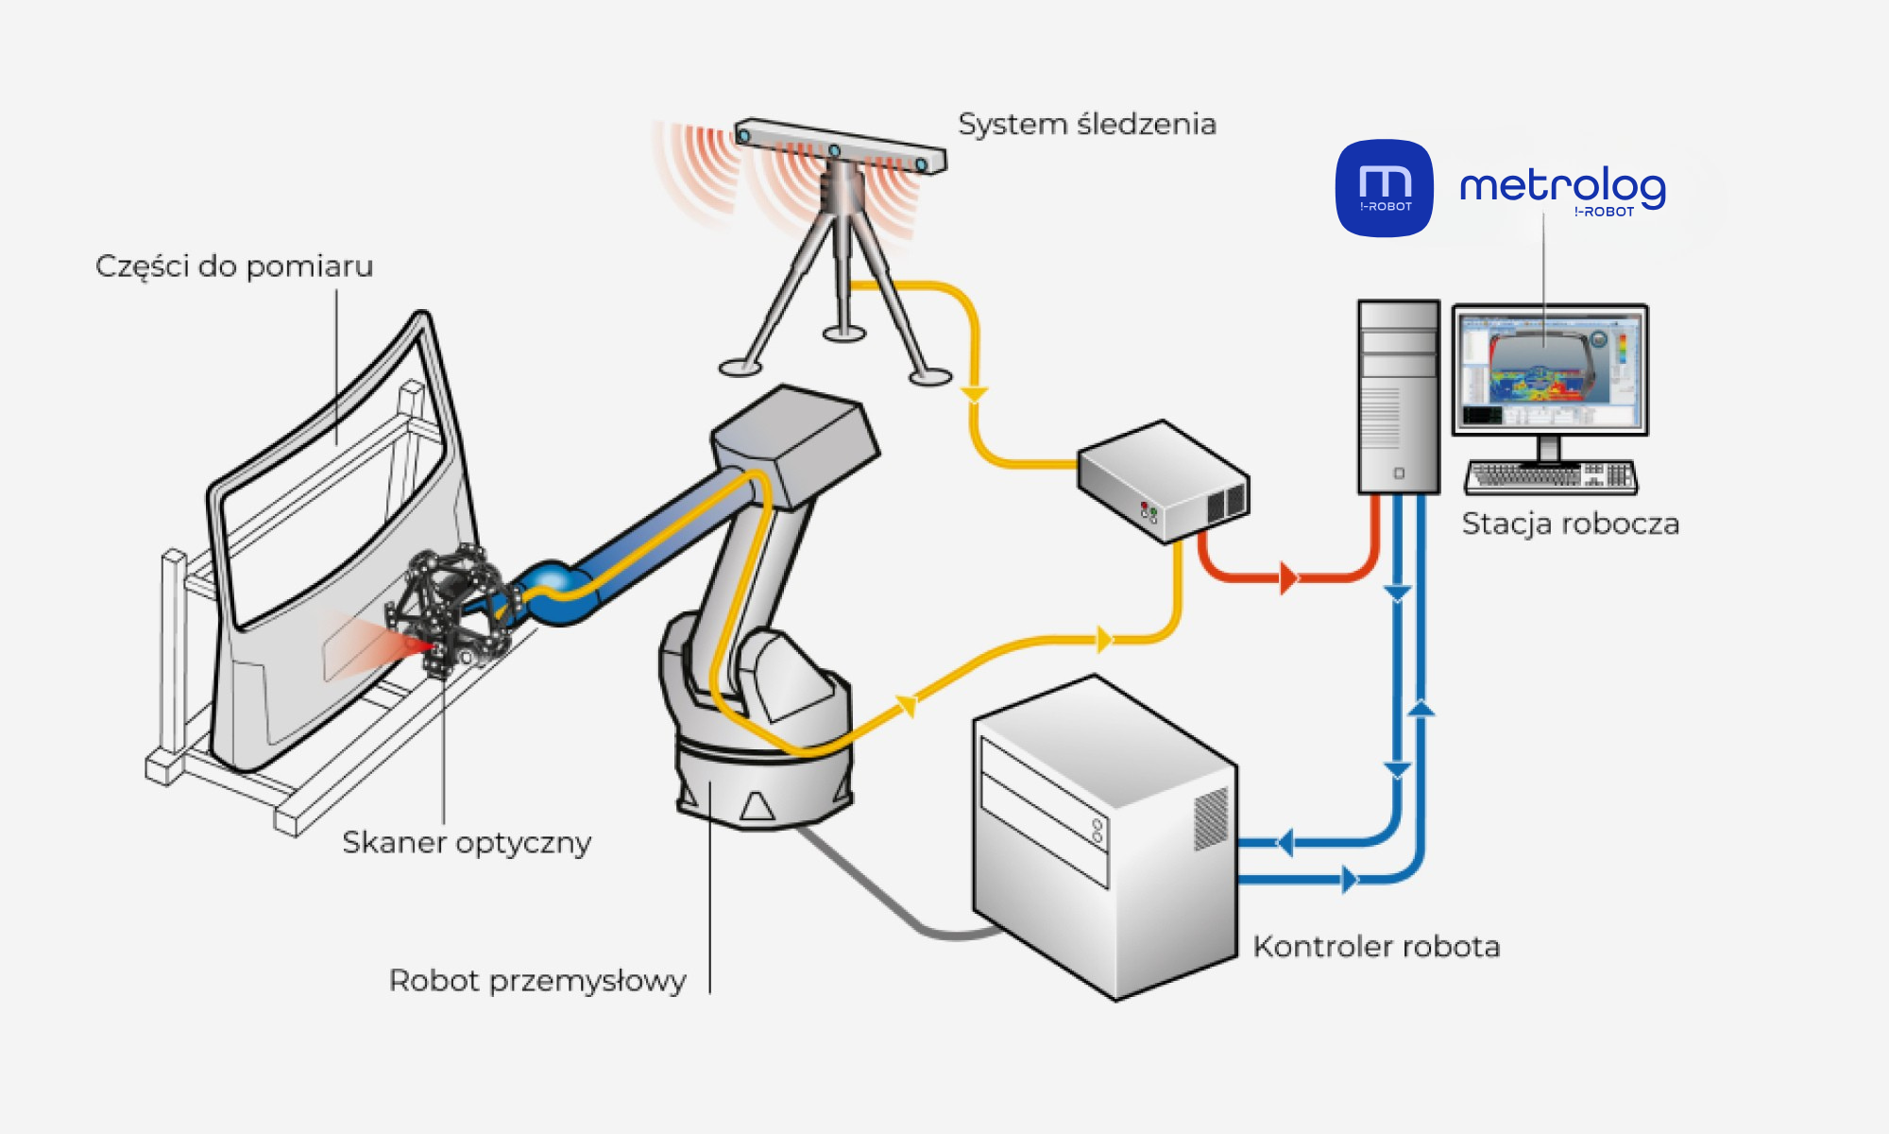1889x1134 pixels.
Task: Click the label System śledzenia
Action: (x=1086, y=125)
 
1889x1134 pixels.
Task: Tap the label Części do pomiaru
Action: (x=234, y=266)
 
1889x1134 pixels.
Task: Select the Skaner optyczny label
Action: (x=467, y=842)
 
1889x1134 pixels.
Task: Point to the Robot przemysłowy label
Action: (x=537, y=981)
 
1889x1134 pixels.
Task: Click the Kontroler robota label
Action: (x=1376, y=947)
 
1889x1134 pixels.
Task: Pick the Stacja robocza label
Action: (x=1570, y=524)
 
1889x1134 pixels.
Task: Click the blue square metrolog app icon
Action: (x=1384, y=188)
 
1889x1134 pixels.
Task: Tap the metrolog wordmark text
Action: (x=1562, y=187)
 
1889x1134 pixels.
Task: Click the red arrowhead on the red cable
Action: (x=1288, y=577)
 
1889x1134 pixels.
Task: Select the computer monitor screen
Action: (x=1549, y=369)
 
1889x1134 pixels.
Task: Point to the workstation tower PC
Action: (x=1398, y=397)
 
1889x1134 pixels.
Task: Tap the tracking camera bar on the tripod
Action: (x=840, y=146)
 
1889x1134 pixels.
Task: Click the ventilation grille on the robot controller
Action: (x=1211, y=817)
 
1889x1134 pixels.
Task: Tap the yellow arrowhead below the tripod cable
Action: (x=974, y=394)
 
